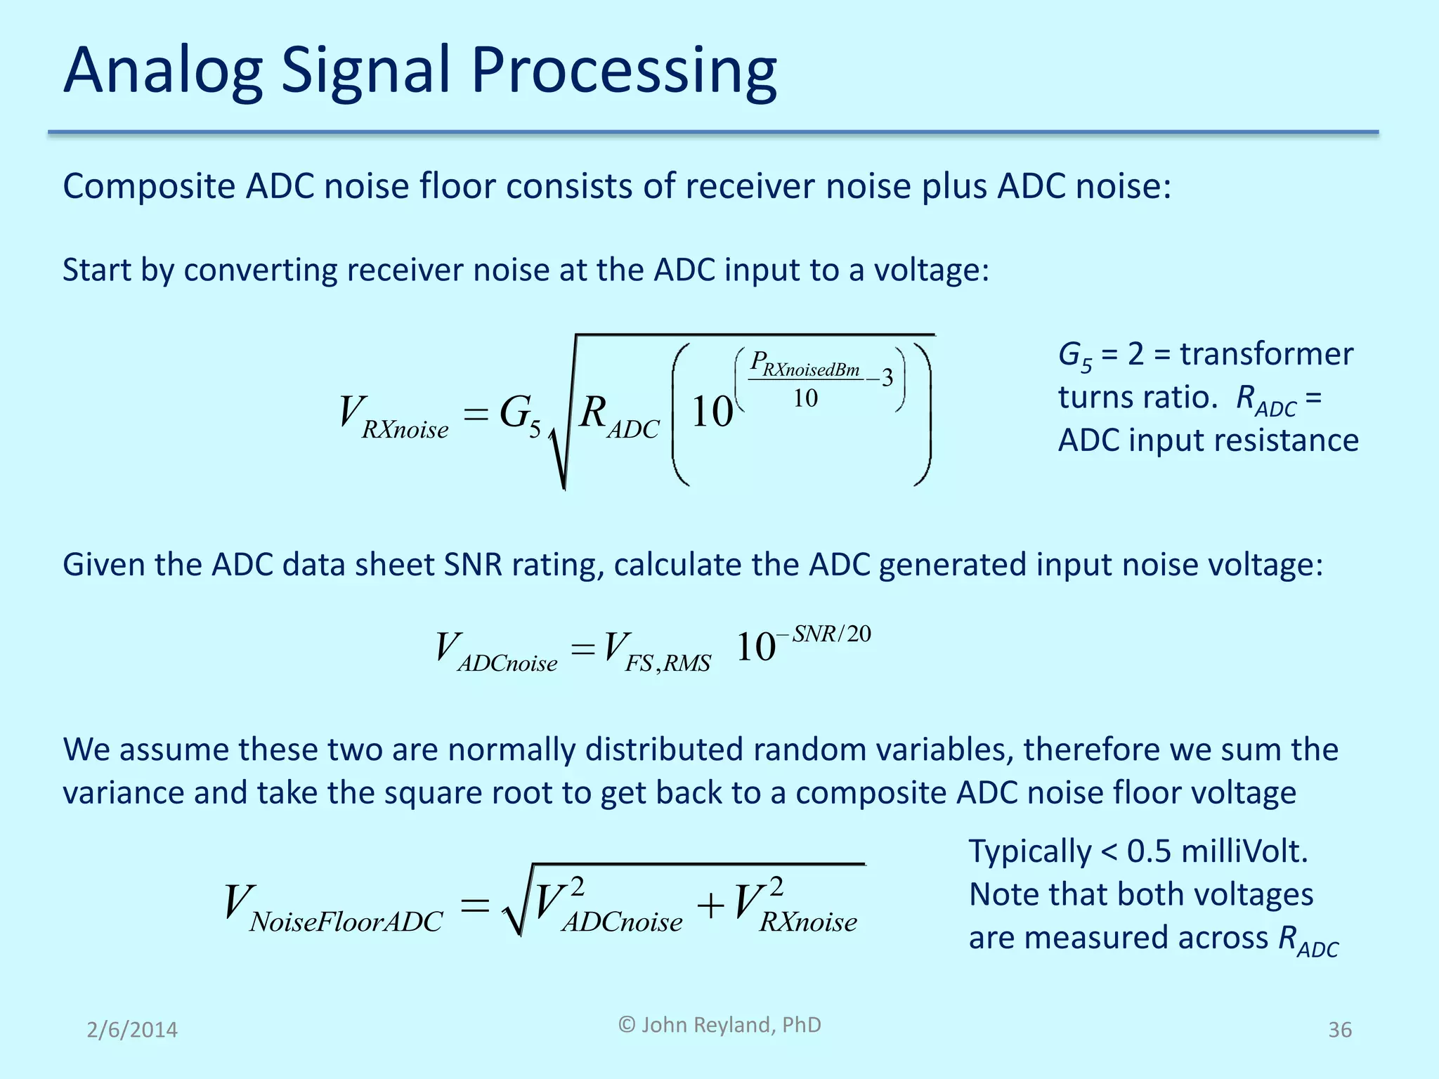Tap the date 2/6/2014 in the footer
(x=132, y=1030)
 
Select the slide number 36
(x=1339, y=1030)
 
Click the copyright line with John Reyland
(x=719, y=1025)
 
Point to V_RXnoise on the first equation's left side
(x=393, y=416)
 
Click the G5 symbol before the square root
(x=520, y=414)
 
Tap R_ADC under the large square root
(x=619, y=416)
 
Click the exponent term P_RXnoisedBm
(x=805, y=365)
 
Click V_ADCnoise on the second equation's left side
(x=496, y=652)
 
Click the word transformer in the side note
(x=1266, y=354)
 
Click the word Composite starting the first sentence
(x=148, y=187)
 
